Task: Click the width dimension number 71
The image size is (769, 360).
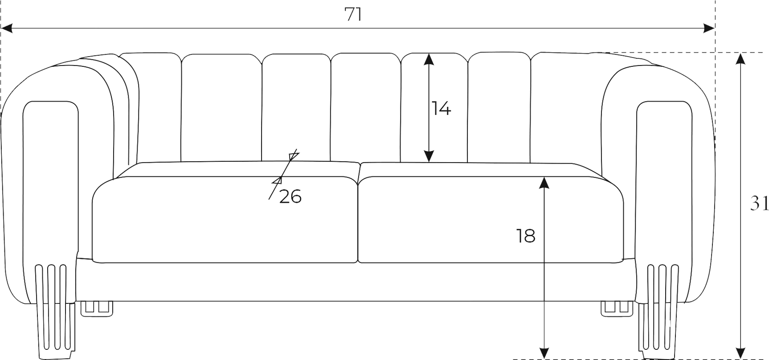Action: coord(353,15)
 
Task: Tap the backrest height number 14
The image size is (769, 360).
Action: coord(441,108)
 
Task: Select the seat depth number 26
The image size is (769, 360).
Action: coord(290,196)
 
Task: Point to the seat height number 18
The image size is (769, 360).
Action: coord(526,236)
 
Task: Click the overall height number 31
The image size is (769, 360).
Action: coord(759,204)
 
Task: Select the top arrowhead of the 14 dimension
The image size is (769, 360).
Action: coord(429,59)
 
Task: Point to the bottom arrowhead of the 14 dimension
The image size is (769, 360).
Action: coord(429,156)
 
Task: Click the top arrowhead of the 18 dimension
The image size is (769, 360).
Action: coord(544,183)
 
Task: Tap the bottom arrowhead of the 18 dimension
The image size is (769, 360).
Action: coord(544,353)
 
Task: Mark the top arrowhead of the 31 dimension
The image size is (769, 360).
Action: coord(740,59)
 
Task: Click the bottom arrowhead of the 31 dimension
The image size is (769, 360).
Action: coord(740,353)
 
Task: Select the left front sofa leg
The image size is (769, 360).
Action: coord(55,312)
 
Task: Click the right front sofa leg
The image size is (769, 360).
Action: coord(659,312)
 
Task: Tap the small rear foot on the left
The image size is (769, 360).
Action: coord(97,309)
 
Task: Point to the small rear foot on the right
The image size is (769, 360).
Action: coord(617,309)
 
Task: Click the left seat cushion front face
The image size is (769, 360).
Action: coord(225,220)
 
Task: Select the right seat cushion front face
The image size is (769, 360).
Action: coord(491,220)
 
